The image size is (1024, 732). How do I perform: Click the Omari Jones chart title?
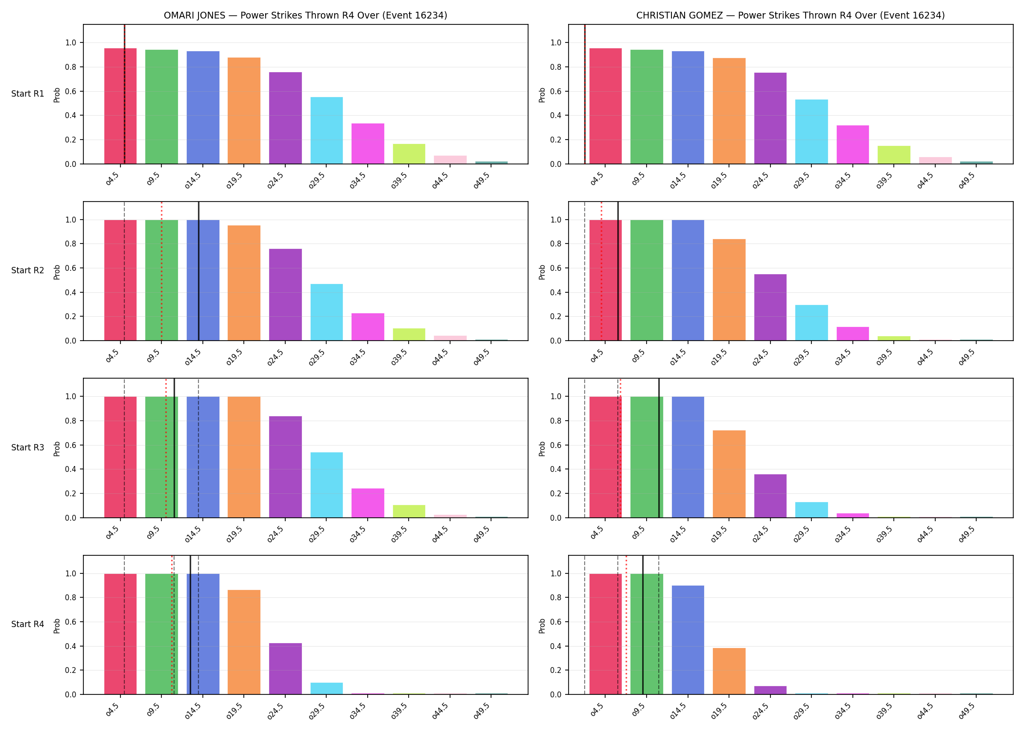click(x=305, y=15)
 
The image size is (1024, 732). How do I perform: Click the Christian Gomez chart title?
click(x=790, y=15)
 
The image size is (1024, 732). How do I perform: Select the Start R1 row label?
click(x=28, y=94)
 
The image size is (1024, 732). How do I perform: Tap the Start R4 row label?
click(x=28, y=624)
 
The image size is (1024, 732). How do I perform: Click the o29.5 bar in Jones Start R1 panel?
click(x=327, y=130)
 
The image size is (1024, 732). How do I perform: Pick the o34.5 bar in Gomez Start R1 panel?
click(x=853, y=144)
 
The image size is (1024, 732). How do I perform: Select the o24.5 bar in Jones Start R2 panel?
click(x=285, y=295)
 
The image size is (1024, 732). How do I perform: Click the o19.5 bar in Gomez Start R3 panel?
click(x=729, y=474)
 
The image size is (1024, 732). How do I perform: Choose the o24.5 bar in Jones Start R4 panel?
click(x=285, y=669)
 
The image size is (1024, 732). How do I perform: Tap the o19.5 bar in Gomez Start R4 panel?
click(x=729, y=671)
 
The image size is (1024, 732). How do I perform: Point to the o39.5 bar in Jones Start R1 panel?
click(x=409, y=154)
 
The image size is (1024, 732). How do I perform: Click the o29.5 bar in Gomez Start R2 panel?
click(x=811, y=323)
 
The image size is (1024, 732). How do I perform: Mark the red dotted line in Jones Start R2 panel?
click(x=161, y=271)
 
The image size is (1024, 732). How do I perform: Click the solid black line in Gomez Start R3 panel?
click(x=659, y=448)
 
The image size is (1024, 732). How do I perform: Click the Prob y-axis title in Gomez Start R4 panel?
click(x=542, y=626)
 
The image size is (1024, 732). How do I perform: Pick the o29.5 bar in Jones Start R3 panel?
click(x=327, y=485)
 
